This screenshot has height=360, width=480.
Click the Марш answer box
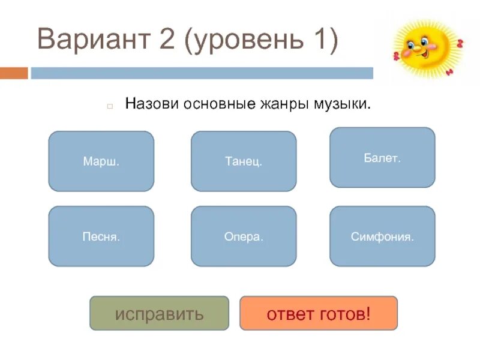101,161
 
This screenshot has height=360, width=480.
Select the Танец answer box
244,161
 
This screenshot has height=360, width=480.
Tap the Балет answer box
382,158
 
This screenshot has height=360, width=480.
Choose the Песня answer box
101,236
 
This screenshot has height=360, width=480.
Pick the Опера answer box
244,236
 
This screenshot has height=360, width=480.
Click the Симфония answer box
382,236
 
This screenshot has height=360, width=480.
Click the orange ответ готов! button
319,313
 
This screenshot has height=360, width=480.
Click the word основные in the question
218,104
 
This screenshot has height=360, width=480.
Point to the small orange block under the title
14,73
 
